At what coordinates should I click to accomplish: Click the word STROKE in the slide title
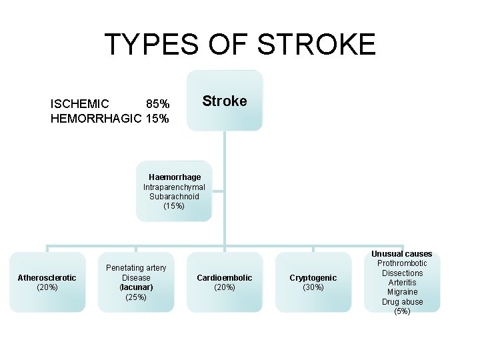point(317,45)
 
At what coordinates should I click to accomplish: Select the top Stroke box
point(225,101)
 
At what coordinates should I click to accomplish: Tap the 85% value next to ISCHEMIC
point(157,104)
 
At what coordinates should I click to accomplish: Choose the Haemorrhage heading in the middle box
point(175,177)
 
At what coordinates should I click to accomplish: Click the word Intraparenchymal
point(174,187)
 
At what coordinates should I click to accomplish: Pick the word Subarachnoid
point(174,197)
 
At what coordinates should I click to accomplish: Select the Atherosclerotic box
point(47,282)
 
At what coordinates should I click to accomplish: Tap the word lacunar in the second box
point(136,287)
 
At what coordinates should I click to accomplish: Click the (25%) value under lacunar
point(136,297)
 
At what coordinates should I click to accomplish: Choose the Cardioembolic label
point(225,277)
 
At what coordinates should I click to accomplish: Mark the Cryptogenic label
point(313,277)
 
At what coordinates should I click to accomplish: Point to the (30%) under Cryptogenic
point(313,287)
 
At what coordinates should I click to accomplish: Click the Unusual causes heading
point(401,254)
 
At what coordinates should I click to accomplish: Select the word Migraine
point(402,292)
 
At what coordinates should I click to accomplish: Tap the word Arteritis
point(402,283)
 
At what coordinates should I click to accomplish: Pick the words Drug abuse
point(402,302)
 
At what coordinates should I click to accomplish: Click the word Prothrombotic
point(402,263)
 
